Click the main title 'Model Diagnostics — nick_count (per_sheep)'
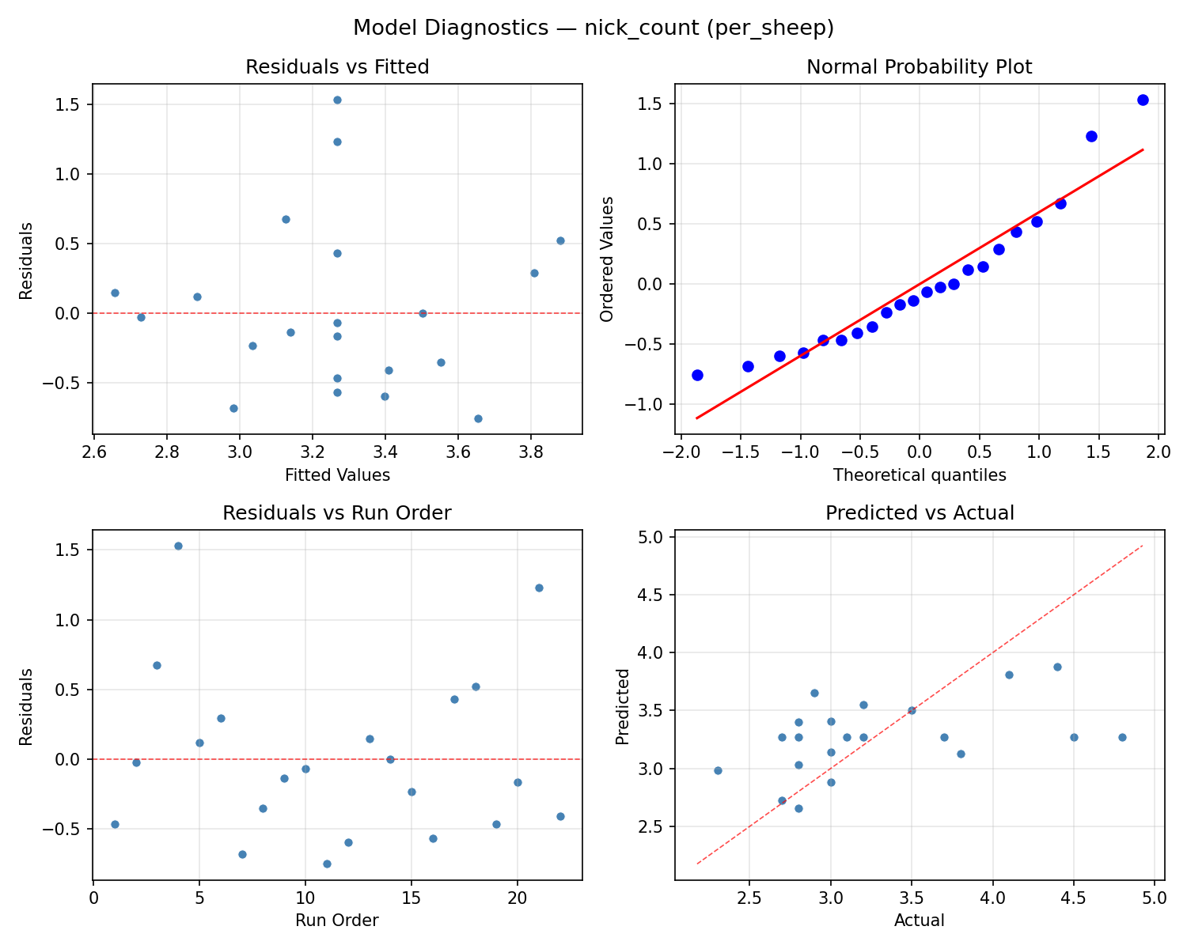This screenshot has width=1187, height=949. (593, 28)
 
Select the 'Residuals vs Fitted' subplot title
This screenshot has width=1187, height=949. (337, 67)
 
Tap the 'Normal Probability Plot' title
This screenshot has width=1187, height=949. (919, 67)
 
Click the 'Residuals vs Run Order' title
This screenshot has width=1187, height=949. (337, 513)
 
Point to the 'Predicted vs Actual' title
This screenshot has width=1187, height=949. (919, 513)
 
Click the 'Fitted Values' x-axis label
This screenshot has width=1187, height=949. (337, 475)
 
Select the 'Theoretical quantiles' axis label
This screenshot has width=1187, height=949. (919, 475)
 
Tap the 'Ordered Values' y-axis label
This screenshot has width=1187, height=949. (607, 259)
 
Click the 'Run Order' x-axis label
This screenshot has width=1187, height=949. (337, 921)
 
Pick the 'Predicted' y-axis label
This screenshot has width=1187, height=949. (623, 706)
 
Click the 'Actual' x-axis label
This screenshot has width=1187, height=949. (919, 921)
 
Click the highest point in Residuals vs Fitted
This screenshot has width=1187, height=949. (337, 100)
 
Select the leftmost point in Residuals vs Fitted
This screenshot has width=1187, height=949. (115, 293)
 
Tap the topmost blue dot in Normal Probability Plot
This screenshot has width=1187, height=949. (1143, 100)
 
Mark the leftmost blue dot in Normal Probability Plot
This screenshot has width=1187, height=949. (697, 375)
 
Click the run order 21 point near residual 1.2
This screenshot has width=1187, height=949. (539, 588)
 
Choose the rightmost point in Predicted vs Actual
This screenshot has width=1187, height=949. (1122, 737)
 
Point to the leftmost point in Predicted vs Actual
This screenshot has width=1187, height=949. (718, 770)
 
